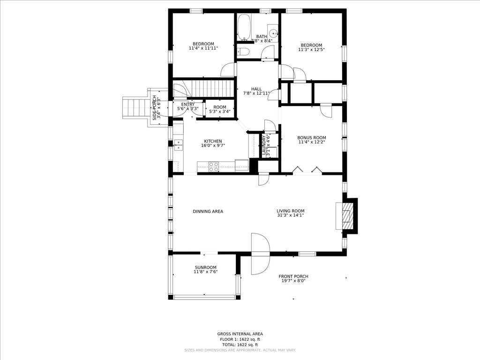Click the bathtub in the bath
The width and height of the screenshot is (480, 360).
(x=244, y=27)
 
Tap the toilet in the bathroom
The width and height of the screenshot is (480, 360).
(x=243, y=52)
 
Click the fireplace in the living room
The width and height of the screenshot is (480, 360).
(x=347, y=216)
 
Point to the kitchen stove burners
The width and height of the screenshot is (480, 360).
(x=213, y=166)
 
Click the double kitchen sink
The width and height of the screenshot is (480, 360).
(x=178, y=144)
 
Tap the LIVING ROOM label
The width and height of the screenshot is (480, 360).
(x=290, y=211)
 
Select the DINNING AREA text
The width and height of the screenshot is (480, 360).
(x=208, y=211)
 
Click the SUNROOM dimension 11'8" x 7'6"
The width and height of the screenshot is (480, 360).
(x=205, y=272)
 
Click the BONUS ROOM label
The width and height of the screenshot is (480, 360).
(x=311, y=138)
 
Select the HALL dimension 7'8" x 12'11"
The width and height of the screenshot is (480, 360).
(x=256, y=94)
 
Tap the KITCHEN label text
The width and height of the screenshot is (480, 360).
(x=213, y=141)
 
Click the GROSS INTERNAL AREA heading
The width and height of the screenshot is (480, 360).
(x=240, y=334)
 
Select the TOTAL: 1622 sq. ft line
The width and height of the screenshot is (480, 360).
(x=240, y=345)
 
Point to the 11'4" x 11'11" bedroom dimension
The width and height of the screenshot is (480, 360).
(x=203, y=48)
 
